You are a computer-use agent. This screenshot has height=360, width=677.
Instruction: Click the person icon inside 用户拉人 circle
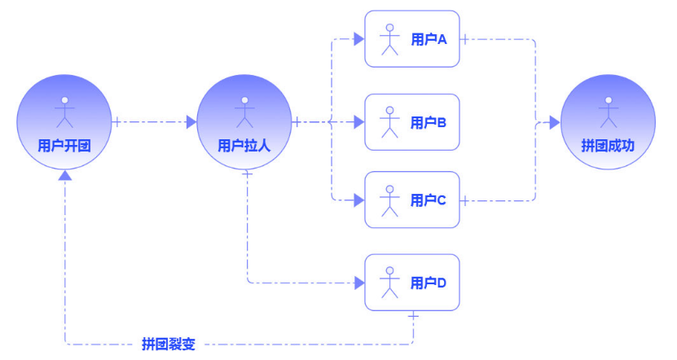coord(244,112)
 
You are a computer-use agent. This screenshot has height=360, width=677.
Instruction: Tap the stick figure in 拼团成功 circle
coord(607,112)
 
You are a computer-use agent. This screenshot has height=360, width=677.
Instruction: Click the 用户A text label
coord(428,39)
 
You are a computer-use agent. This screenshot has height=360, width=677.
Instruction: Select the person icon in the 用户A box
coord(390,39)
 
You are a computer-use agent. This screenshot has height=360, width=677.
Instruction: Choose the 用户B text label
coord(428,122)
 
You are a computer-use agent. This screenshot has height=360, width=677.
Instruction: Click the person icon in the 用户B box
coord(390,122)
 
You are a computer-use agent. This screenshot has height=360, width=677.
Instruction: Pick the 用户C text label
coord(428,200)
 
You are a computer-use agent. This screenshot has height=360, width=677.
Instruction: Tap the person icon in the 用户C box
coord(390,200)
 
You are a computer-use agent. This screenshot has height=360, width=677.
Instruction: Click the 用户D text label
coord(428,283)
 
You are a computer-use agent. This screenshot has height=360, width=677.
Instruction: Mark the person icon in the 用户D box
coord(390,283)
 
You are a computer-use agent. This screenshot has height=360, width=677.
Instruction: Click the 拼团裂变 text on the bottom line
coord(169,344)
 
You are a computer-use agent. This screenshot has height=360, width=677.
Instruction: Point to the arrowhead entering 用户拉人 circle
coord(191,122)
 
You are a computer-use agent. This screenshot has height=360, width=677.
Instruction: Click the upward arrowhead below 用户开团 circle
coord(65,176)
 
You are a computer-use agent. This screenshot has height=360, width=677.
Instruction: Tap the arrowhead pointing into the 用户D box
coord(358,283)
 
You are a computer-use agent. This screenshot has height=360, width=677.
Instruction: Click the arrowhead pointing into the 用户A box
coord(358,38)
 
